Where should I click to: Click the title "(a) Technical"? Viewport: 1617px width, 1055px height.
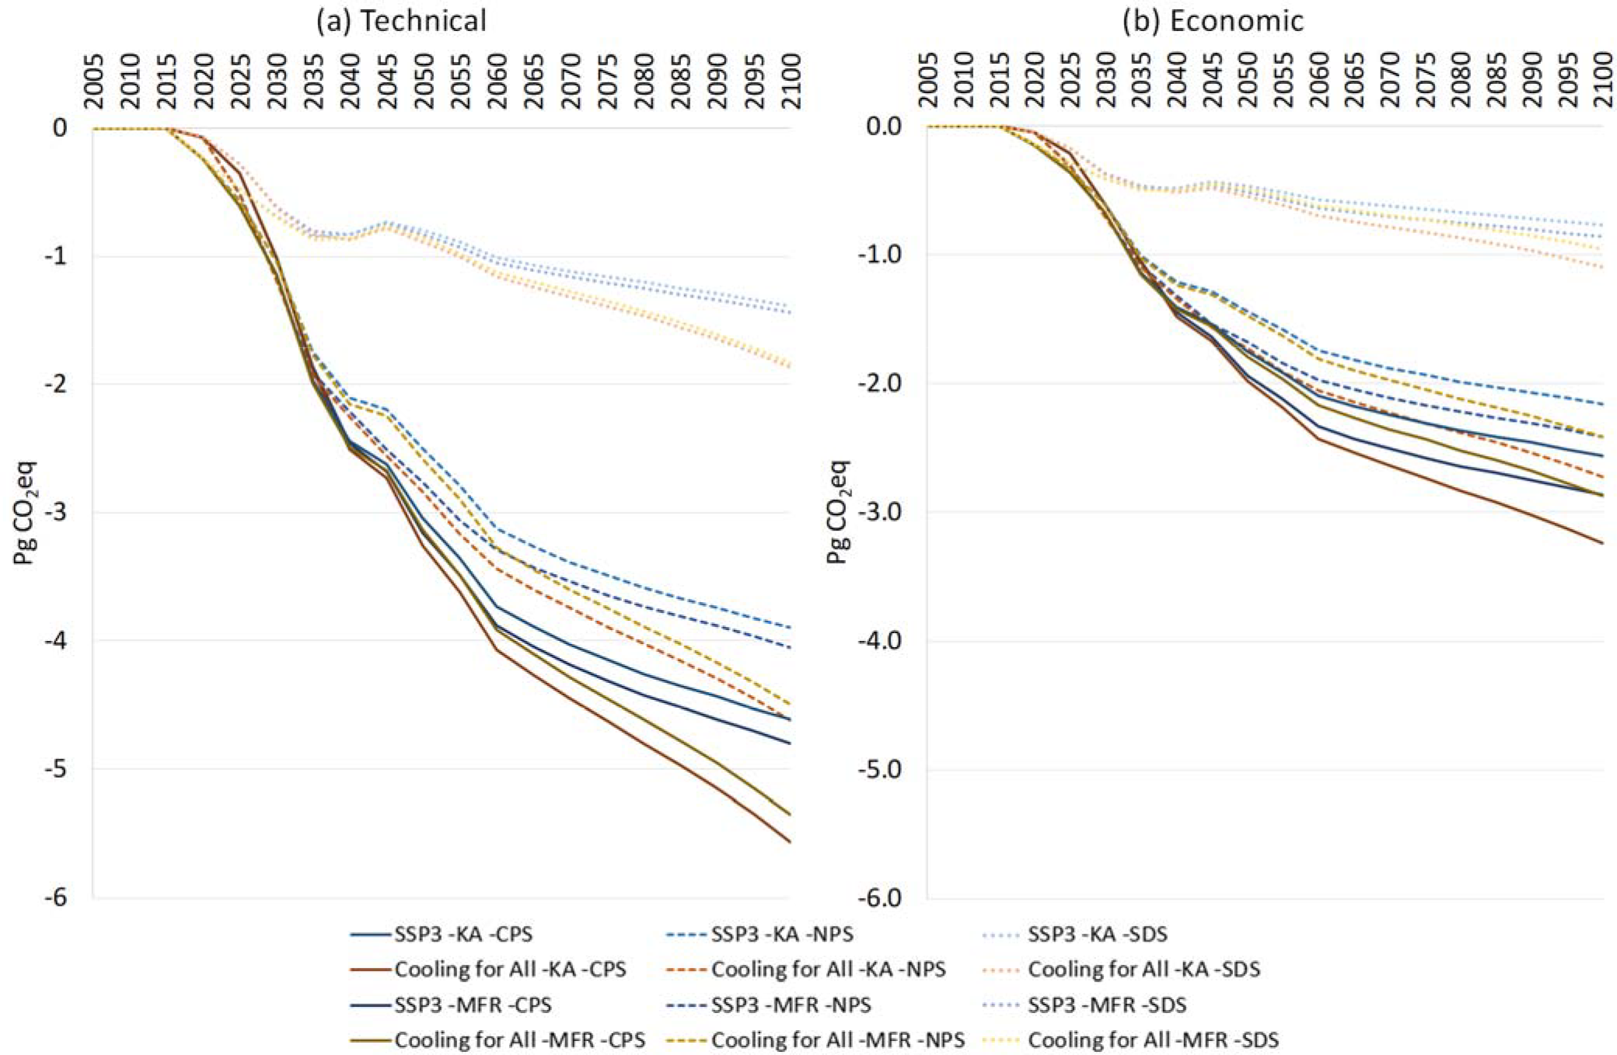400,20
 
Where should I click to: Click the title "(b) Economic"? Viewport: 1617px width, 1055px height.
1213,20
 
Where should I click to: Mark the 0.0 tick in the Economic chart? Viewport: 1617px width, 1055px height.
883,127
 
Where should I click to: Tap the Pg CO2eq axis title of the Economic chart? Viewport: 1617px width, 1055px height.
839,513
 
